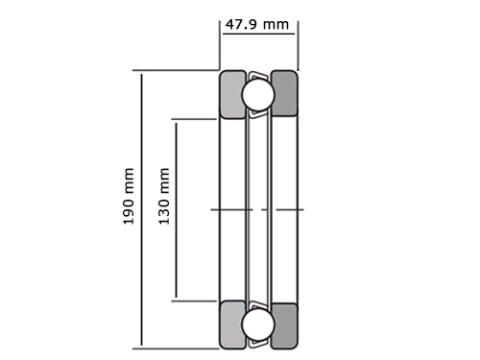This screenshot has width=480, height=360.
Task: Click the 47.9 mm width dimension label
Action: [257, 24]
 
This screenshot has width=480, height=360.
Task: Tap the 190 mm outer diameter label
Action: [129, 196]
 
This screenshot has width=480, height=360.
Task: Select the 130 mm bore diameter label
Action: [164, 196]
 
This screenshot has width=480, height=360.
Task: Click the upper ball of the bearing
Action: [258, 95]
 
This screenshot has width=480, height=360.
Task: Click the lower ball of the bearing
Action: [258, 324]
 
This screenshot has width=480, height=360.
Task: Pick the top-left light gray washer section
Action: [231, 95]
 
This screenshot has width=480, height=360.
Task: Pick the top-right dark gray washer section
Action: [285, 93]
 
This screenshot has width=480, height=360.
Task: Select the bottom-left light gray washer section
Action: [231, 324]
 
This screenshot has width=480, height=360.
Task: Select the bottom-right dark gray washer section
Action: [285, 325]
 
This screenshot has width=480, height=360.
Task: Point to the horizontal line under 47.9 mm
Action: [258, 34]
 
